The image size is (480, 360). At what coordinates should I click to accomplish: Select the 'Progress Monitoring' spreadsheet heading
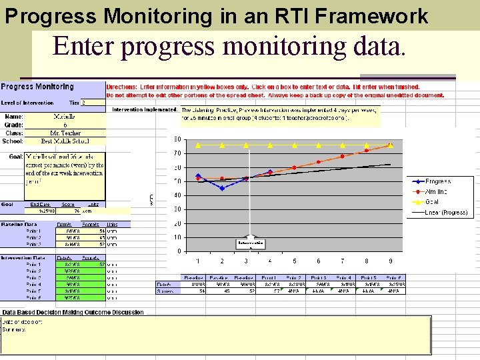(38, 87)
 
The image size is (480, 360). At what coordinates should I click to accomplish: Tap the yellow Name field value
(69, 117)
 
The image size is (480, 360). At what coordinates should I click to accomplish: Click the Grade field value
(65, 125)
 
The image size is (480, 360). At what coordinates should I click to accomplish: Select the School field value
(65, 141)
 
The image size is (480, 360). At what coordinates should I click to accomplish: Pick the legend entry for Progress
(438, 181)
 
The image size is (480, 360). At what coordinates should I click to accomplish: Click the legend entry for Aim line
(438, 191)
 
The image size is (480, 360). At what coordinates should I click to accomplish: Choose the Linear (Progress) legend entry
(445, 213)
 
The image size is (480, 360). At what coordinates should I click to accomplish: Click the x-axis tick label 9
(391, 261)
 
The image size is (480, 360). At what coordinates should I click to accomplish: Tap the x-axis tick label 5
(294, 261)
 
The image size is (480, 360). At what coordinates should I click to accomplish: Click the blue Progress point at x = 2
(222, 188)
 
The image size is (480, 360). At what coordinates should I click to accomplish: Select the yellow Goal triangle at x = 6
(318, 145)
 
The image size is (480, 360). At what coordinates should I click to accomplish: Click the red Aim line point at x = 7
(343, 156)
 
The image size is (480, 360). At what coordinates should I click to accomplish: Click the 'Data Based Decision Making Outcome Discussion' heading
(72, 312)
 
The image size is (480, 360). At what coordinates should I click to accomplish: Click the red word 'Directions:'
(124, 87)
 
